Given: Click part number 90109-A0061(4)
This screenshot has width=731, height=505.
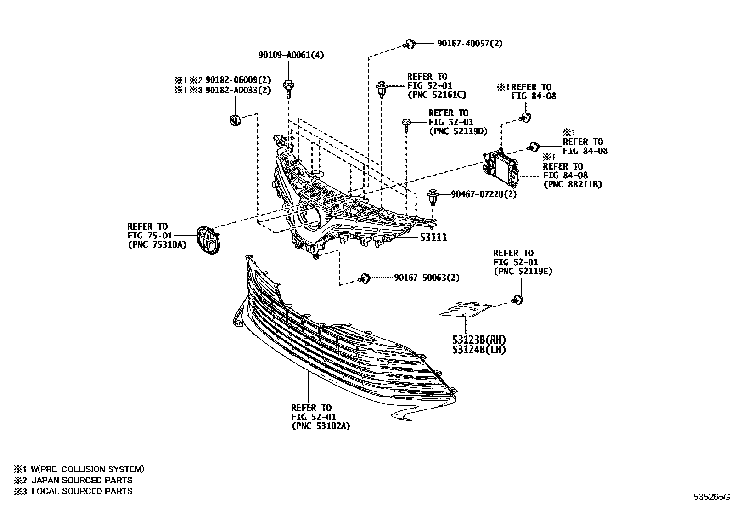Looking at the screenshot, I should pyautogui.click(x=291, y=55).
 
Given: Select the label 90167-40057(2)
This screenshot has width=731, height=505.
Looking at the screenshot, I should pyautogui.click(x=470, y=44).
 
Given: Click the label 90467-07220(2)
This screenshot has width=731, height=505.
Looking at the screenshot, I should pyautogui.click(x=484, y=194).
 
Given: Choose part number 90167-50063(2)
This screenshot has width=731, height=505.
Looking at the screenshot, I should pyautogui.click(x=427, y=278).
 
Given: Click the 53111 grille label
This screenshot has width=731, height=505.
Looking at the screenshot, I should pyautogui.click(x=432, y=237).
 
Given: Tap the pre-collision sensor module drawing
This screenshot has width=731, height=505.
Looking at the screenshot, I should pyautogui.click(x=500, y=167).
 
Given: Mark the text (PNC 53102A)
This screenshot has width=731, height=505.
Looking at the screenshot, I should pyautogui.click(x=321, y=426).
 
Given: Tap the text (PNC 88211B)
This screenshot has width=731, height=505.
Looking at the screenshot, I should pyautogui.click(x=572, y=184).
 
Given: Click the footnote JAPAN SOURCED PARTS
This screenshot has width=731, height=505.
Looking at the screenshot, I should pyautogui.click(x=81, y=480).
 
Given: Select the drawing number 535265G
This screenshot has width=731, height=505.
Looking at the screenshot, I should pyautogui.click(x=711, y=497).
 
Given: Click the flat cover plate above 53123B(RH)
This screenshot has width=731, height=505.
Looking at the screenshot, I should pyautogui.click(x=466, y=309).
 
